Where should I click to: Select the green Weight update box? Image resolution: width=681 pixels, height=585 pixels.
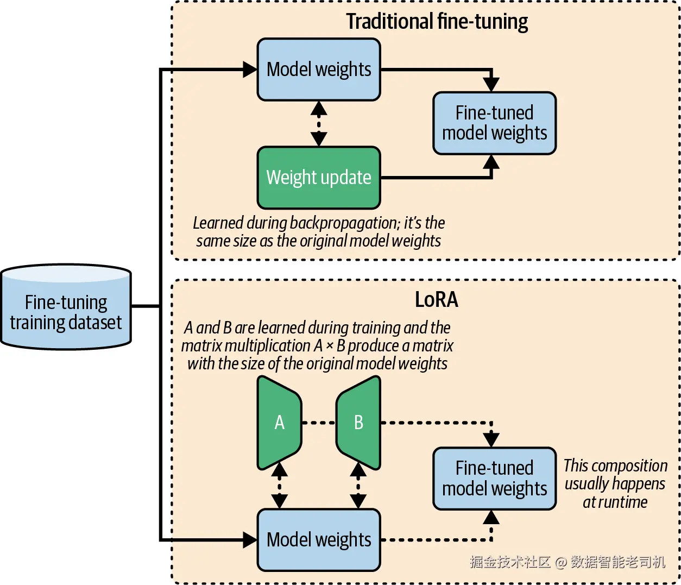tap(319, 178)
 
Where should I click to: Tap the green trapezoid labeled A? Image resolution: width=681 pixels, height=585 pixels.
tap(279, 423)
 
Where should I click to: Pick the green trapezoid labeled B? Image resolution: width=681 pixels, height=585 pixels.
tap(358, 423)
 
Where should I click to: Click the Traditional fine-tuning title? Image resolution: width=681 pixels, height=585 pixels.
tap(437, 22)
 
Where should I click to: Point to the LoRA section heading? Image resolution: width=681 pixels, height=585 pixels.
tap(436, 299)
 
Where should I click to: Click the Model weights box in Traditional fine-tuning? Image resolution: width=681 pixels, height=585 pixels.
tap(319, 70)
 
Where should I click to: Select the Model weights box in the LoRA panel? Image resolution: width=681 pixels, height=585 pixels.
tap(319, 540)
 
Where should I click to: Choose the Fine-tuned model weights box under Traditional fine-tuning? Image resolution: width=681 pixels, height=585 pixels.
tap(494, 123)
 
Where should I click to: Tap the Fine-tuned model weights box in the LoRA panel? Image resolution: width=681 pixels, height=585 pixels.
tap(494, 479)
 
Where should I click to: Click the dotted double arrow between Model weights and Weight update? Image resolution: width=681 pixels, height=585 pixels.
tap(319, 124)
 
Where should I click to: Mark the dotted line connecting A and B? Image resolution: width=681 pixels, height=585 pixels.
tap(319, 423)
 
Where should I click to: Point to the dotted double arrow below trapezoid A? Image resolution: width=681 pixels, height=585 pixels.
tap(279, 485)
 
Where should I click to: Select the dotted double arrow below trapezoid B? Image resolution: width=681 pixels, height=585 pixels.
tap(358, 485)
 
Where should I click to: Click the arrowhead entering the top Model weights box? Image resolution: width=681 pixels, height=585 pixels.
tap(250, 70)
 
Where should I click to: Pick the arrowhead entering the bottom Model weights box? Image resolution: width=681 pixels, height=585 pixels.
tap(250, 540)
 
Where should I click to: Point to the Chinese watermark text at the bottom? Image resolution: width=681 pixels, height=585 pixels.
tap(567, 562)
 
